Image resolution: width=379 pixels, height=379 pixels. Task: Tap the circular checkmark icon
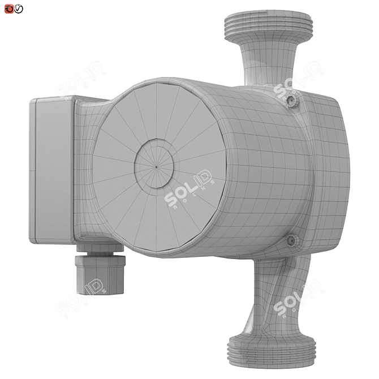click(x=19, y=8)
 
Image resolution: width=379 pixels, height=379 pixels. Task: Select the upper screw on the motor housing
click(x=291, y=101)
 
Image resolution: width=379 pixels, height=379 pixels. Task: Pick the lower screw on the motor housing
click(x=292, y=241)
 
